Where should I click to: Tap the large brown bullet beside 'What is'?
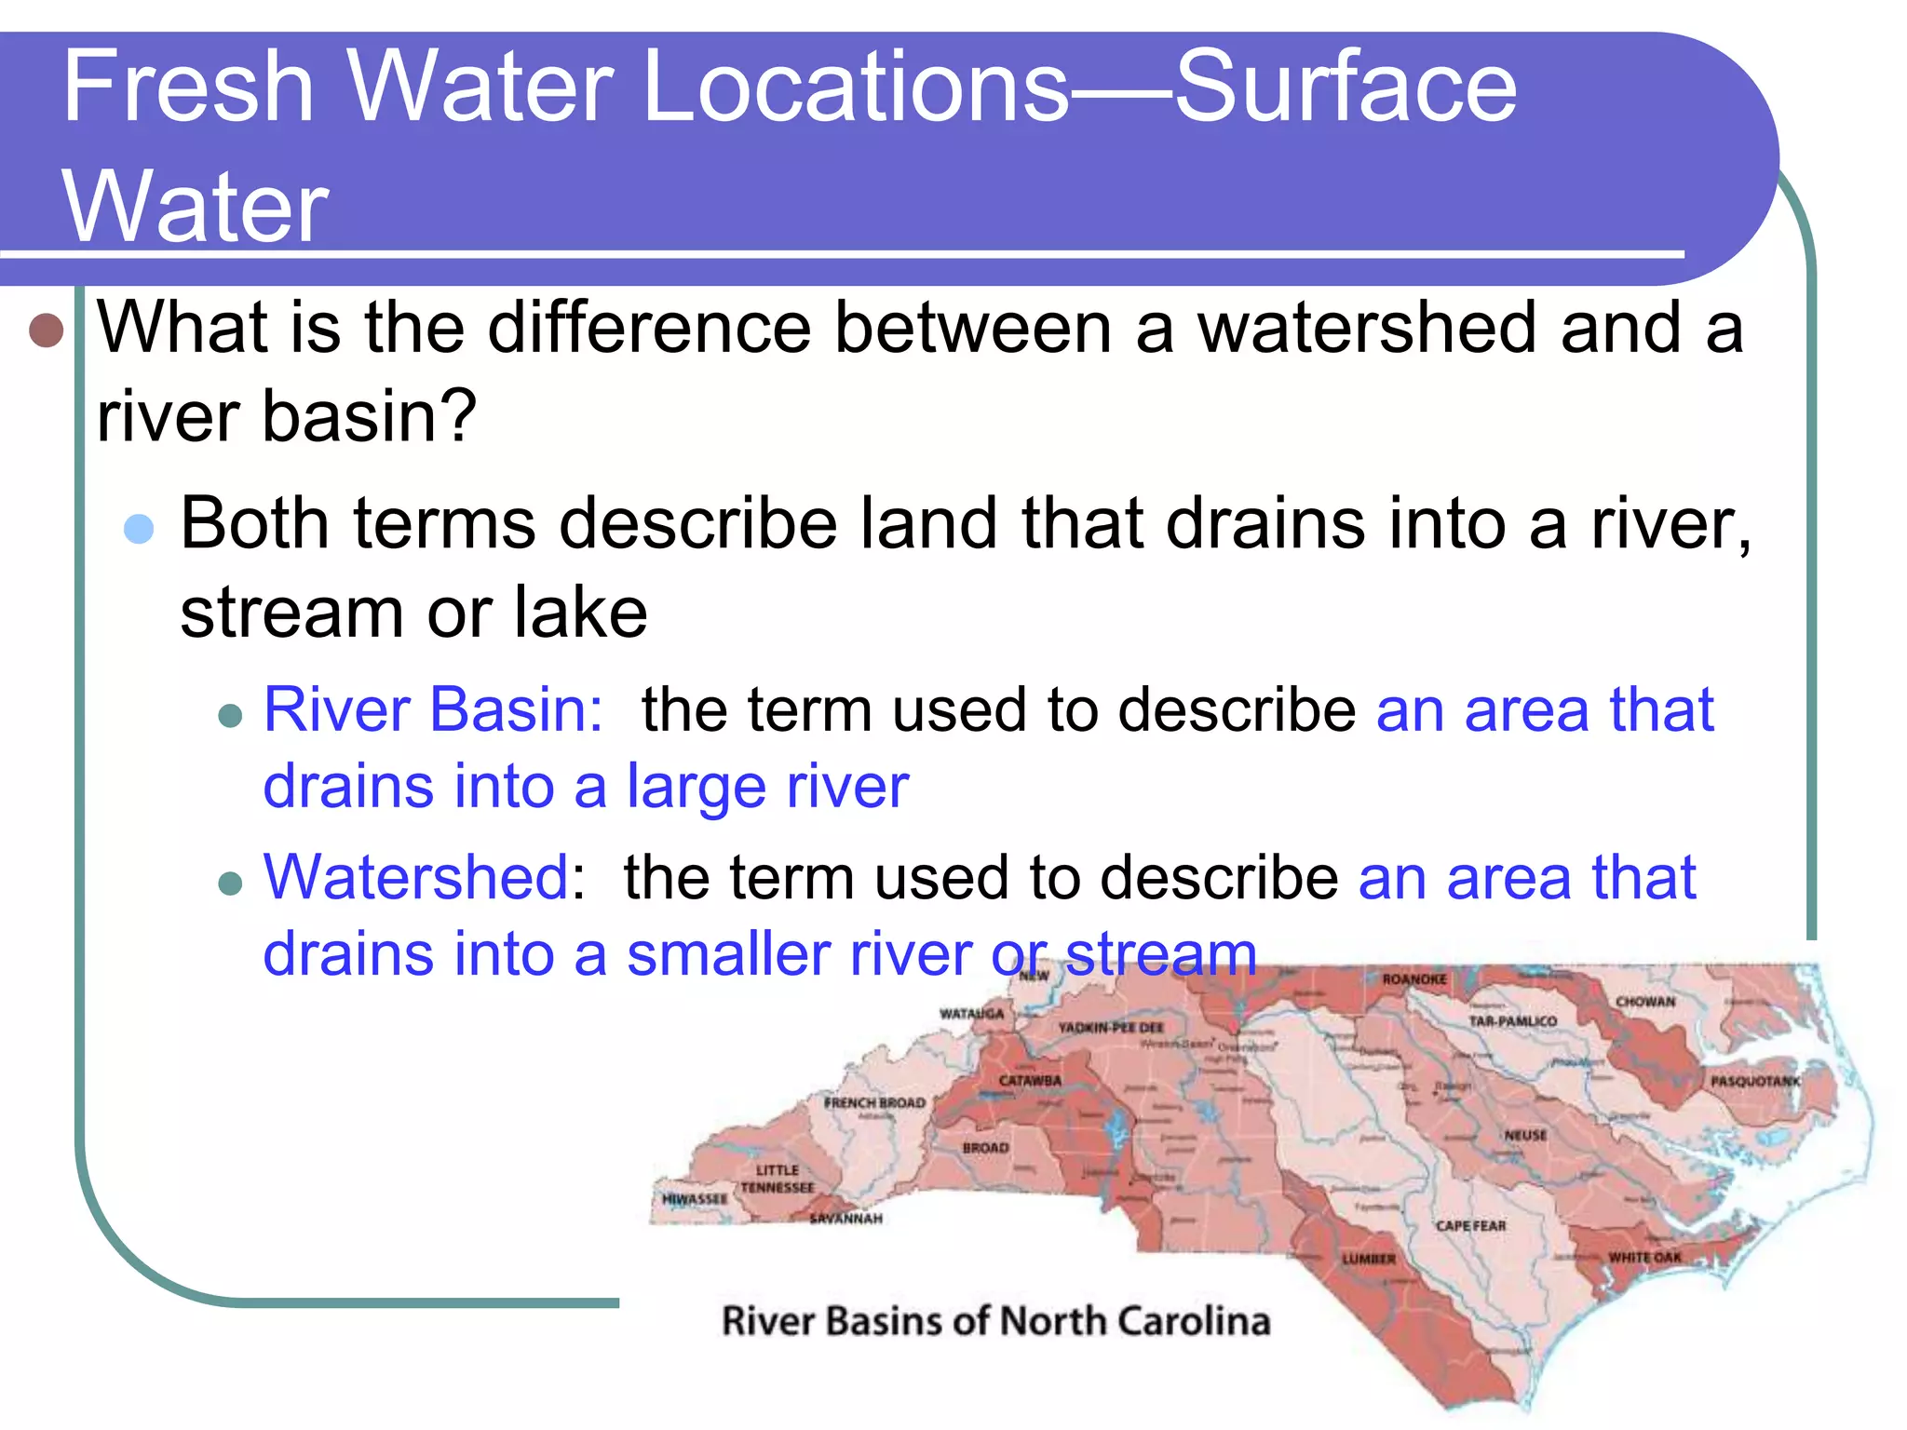click(46, 330)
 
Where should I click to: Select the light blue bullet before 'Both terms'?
click(139, 529)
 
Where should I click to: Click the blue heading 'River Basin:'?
click(434, 710)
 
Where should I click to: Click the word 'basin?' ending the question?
click(370, 416)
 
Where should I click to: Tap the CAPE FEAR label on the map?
click(1470, 1226)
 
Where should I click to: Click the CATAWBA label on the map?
click(1030, 1081)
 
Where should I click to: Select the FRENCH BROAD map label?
click(874, 1103)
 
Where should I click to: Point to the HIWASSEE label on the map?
click(695, 1199)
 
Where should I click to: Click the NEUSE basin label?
click(1525, 1136)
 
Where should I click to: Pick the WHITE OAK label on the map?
click(1644, 1258)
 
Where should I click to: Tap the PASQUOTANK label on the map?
click(1755, 1082)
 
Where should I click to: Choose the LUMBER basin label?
click(1368, 1259)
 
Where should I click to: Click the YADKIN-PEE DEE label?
click(1111, 1028)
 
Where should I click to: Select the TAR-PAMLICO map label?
click(1512, 1021)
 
